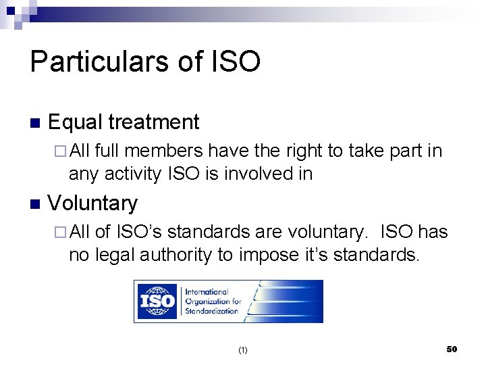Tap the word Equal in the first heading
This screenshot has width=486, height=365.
tap(76, 122)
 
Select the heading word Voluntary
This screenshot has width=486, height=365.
tap(93, 203)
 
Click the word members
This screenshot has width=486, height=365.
tap(167, 151)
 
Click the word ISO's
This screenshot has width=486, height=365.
tap(138, 232)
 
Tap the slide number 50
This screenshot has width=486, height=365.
tap(452, 349)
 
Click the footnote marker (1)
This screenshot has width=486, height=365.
tap(243, 350)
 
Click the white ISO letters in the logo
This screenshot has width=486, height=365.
tap(157, 301)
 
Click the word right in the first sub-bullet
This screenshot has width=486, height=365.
tap(304, 151)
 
